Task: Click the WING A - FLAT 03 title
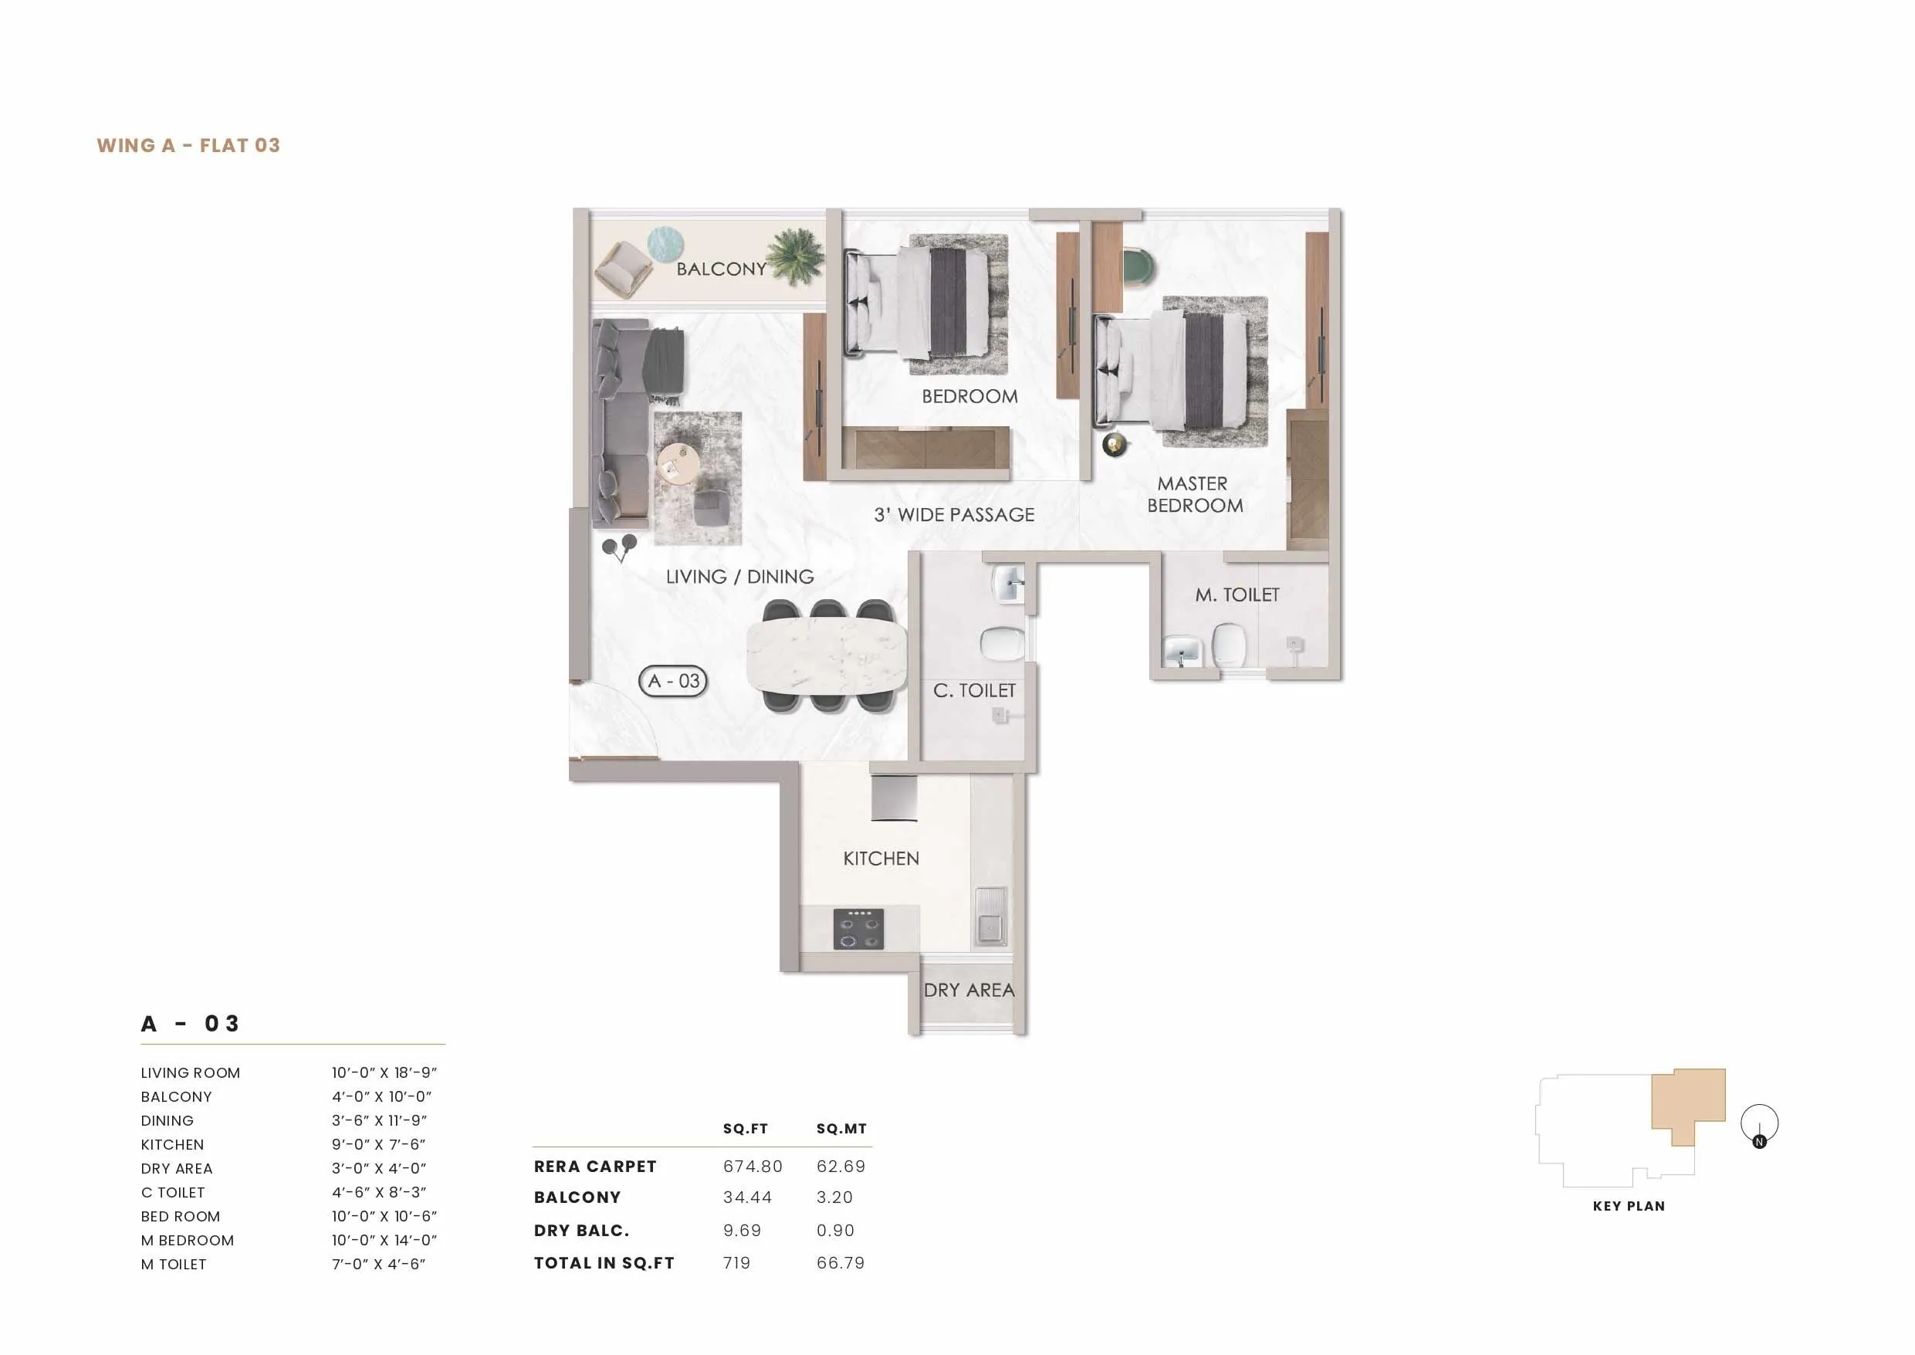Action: tap(188, 145)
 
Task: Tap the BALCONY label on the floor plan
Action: tap(721, 269)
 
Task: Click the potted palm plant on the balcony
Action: tap(795, 256)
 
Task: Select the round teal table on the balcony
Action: tap(665, 245)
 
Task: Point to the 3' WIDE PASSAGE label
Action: tap(953, 515)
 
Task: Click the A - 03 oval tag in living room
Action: tap(673, 681)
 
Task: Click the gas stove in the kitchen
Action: tap(858, 929)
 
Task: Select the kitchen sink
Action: tap(990, 916)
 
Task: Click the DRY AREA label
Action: tap(969, 991)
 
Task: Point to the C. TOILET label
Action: tap(974, 691)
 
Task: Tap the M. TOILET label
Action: tap(1237, 595)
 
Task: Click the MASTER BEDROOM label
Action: tap(1194, 495)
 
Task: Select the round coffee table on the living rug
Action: tap(678, 463)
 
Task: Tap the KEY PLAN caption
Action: tap(1628, 1206)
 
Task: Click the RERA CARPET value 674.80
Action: tap(753, 1167)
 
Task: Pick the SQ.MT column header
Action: tap(841, 1129)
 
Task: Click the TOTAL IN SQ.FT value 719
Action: tap(736, 1263)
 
